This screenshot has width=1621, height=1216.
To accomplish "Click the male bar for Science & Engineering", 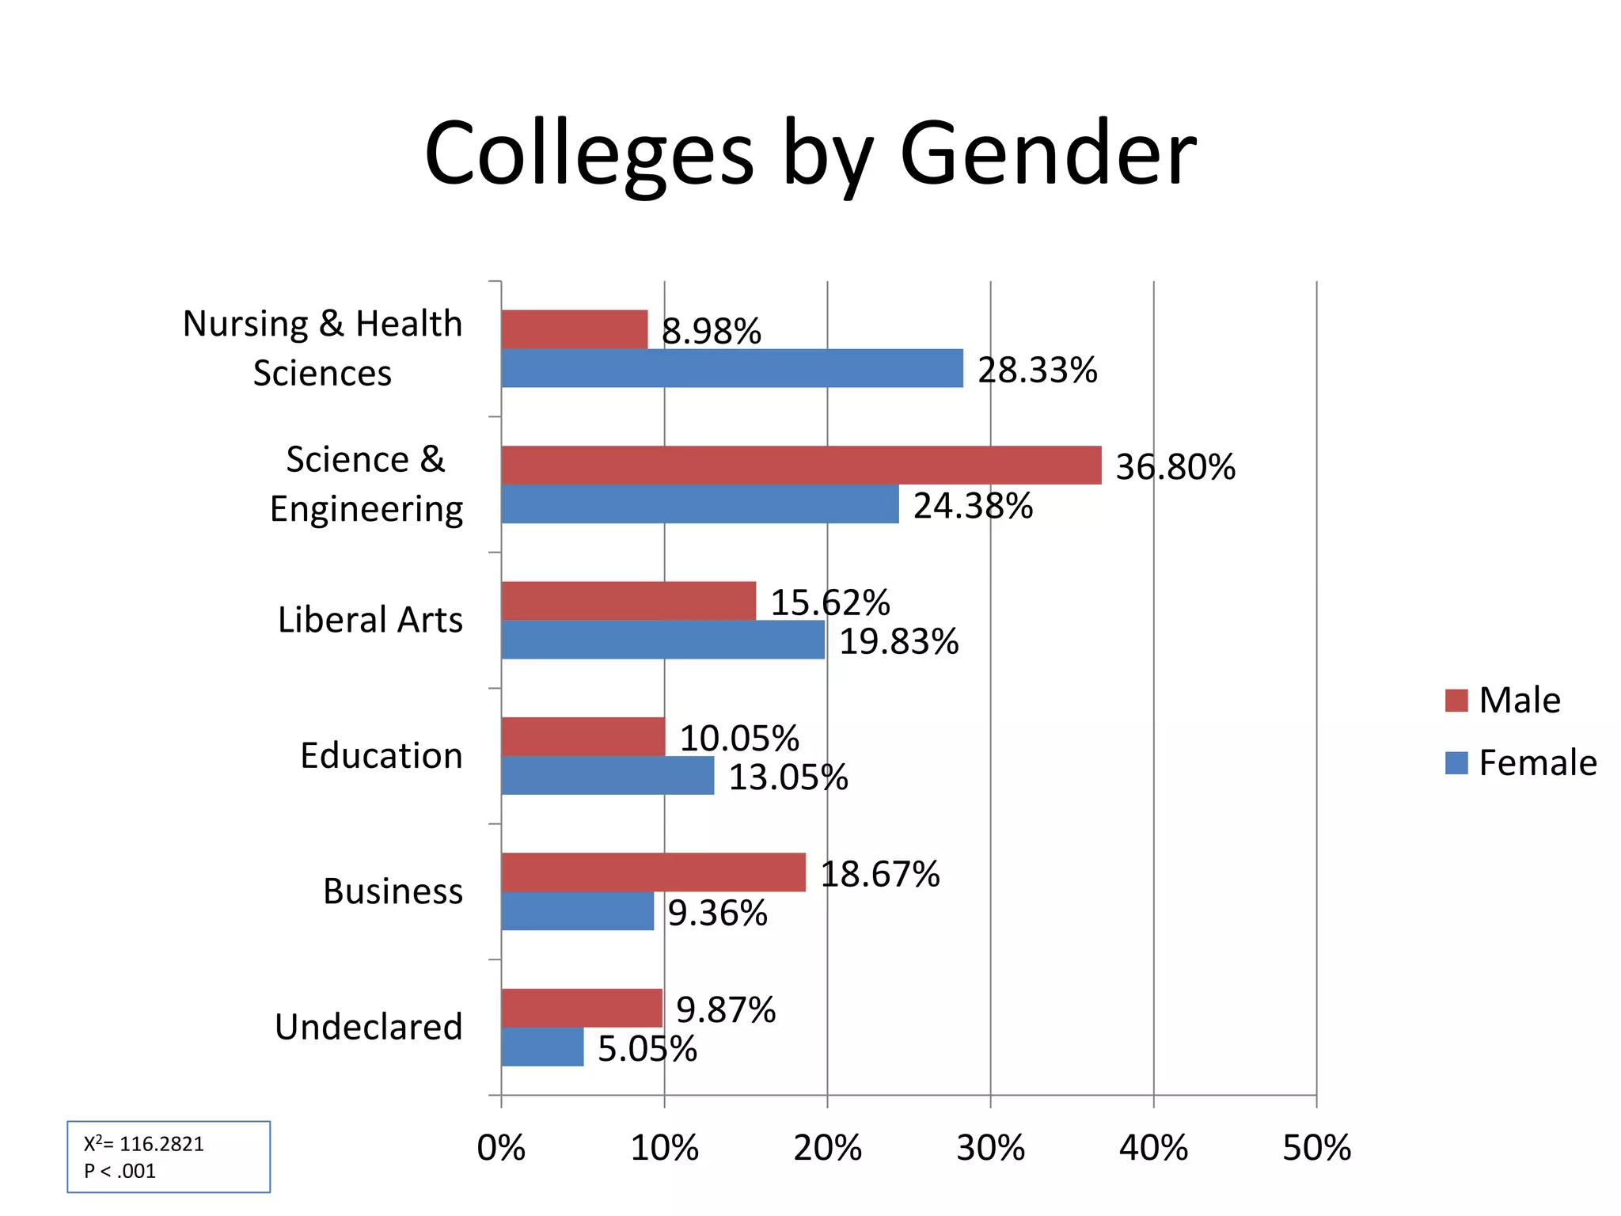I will (x=801, y=465).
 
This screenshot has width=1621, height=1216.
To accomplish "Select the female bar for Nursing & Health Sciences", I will (x=732, y=368).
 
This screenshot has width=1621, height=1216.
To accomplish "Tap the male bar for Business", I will (x=653, y=872).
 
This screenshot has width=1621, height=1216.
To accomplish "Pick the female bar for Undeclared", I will (x=542, y=1047).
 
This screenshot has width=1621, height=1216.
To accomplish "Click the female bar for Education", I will (x=607, y=775).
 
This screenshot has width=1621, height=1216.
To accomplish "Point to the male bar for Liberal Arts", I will (x=628, y=600).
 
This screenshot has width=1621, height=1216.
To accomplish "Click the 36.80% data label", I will (x=1175, y=467).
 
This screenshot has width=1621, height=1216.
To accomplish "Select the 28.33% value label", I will (x=1037, y=370).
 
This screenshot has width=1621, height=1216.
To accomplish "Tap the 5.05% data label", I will (x=647, y=1049).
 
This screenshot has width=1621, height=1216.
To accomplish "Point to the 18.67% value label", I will (x=880, y=874).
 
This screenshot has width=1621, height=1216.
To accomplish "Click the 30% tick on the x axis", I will (x=990, y=1148).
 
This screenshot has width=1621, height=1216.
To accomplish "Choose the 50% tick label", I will (x=1316, y=1148).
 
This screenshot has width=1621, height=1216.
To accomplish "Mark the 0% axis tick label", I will (x=501, y=1148).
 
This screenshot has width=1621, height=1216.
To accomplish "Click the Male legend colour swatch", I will (x=1456, y=701).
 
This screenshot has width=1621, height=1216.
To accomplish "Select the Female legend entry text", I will (x=1537, y=763).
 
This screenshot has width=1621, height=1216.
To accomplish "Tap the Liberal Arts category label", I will (x=370, y=620).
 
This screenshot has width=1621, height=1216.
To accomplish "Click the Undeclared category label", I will (x=368, y=1027).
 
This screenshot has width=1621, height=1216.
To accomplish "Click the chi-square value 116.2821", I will (x=161, y=1144).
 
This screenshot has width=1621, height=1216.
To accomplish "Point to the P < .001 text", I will (x=120, y=1171).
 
